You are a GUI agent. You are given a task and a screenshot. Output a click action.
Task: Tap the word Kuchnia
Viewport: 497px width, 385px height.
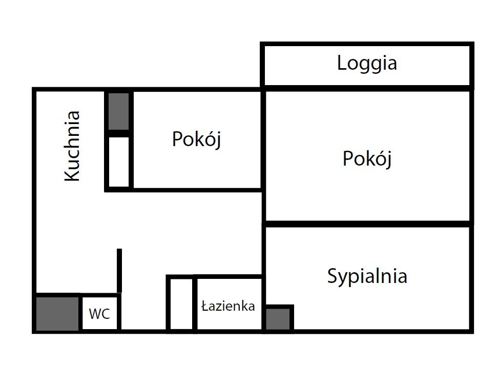click(x=72, y=146)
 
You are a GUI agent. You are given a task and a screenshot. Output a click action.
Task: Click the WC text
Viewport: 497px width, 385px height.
click(x=99, y=314)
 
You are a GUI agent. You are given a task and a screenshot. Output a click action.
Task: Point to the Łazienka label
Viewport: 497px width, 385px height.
click(x=228, y=306)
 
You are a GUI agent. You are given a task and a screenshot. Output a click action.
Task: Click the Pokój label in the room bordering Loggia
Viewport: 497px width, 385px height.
click(x=367, y=159)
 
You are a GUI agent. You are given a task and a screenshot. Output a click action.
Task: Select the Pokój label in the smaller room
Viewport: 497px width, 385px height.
click(x=196, y=139)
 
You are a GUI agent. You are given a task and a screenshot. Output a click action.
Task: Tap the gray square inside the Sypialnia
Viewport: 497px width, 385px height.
click(x=278, y=319)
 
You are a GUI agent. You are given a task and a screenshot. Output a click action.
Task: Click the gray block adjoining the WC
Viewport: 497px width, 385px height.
click(x=57, y=314)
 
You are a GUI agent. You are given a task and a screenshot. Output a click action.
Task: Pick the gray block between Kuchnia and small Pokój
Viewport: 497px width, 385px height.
click(x=118, y=111)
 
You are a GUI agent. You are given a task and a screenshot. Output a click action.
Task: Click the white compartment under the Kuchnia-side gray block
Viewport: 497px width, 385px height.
click(x=119, y=161)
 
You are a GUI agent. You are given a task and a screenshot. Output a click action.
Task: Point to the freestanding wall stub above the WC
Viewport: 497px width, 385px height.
click(x=119, y=271)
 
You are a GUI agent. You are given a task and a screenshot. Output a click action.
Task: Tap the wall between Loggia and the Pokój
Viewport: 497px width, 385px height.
click(x=367, y=88)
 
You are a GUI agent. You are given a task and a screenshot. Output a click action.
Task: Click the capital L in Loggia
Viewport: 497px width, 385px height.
click(x=342, y=63)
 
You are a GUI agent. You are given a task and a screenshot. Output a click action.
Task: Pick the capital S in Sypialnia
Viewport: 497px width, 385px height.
click(x=332, y=276)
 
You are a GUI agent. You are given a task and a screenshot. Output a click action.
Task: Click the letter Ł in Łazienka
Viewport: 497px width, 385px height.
click(x=205, y=306)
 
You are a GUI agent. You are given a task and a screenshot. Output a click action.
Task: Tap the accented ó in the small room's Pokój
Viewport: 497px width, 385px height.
click(x=208, y=139)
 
